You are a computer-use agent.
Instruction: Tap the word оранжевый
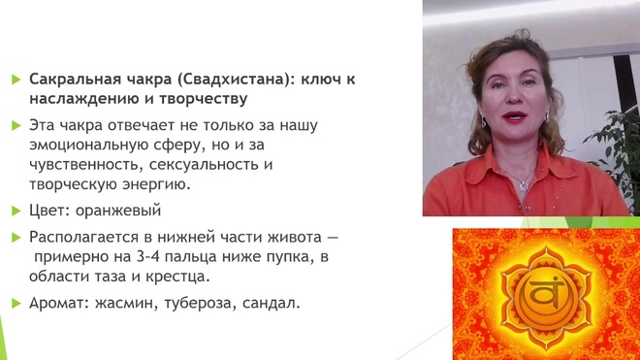coord(118,211)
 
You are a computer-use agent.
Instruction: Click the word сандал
coord(271,303)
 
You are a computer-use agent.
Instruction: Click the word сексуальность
coord(204,165)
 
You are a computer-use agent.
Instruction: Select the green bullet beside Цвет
coord(16,212)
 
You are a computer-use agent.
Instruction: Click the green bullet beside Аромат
coord(16,304)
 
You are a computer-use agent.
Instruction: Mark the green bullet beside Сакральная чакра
coord(16,80)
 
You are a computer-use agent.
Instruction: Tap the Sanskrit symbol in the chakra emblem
coord(546,294)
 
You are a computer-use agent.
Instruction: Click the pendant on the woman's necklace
coord(524,186)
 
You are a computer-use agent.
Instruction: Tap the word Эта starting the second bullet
coord(42,125)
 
